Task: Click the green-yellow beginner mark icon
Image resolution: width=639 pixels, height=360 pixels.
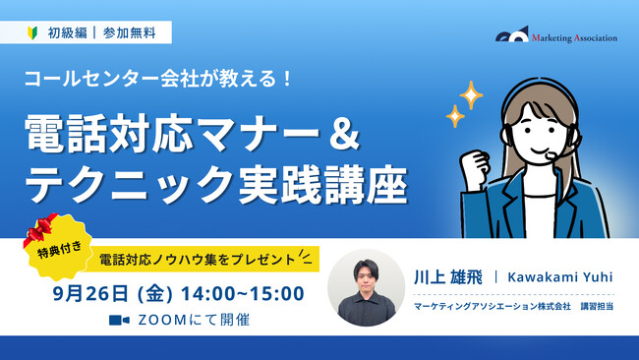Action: [32, 31]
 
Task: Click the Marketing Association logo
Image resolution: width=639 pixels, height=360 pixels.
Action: [556, 36]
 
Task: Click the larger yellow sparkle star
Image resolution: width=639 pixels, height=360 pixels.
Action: [471, 95]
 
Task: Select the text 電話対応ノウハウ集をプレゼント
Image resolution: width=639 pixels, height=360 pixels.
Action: [197, 261]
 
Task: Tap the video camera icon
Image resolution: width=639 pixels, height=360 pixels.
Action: [119, 320]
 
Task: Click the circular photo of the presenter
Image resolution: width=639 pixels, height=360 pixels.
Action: [365, 287]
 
